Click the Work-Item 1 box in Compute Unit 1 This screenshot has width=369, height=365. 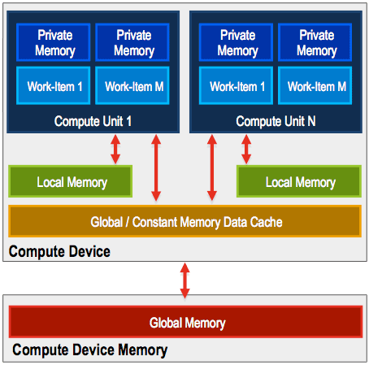point(53,85)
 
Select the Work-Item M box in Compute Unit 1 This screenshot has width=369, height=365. point(132,85)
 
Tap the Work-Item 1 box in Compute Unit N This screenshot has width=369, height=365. point(236,85)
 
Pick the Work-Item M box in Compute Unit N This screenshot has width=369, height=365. point(315,85)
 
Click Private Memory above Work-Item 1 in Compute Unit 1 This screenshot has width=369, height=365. point(53,42)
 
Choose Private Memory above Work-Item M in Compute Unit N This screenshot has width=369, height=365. point(315,42)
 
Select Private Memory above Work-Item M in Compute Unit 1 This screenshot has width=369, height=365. point(132,42)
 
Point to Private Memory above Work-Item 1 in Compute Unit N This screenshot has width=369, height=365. point(236,42)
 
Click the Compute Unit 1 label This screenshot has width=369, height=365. point(93,121)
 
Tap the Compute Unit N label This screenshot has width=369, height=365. point(276,121)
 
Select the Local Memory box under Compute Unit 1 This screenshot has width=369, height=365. point(71,181)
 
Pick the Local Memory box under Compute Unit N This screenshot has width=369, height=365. point(299,181)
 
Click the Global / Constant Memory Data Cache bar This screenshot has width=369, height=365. point(184,221)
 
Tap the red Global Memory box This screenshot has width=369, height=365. point(185,322)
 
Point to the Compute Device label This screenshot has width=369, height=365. point(59,251)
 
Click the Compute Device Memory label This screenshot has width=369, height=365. point(89,350)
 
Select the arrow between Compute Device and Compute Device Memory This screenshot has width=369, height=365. point(185,280)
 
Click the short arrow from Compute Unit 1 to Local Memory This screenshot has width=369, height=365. point(115,150)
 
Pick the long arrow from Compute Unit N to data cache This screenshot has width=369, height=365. point(212,167)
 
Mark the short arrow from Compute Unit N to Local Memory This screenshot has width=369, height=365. point(246,150)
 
